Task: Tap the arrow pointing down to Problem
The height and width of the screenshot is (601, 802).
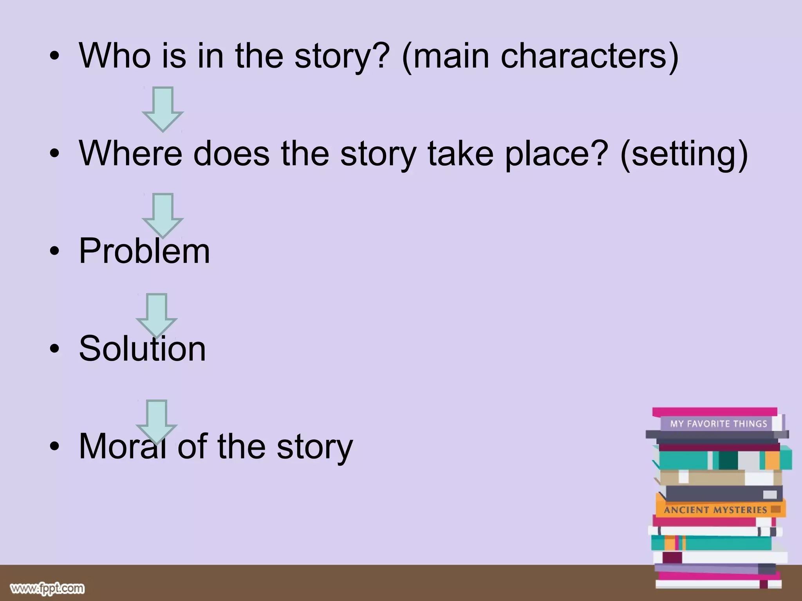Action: point(163,214)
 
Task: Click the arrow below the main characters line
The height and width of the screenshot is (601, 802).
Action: point(163,108)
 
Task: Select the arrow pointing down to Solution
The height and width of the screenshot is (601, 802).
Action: point(157,315)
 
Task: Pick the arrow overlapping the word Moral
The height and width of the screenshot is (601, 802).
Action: point(157,421)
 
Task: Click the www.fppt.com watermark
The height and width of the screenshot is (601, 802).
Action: point(47,588)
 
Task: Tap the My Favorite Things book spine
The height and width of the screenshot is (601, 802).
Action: point(718,423)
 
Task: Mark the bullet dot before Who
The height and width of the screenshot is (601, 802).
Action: point(55,56)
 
